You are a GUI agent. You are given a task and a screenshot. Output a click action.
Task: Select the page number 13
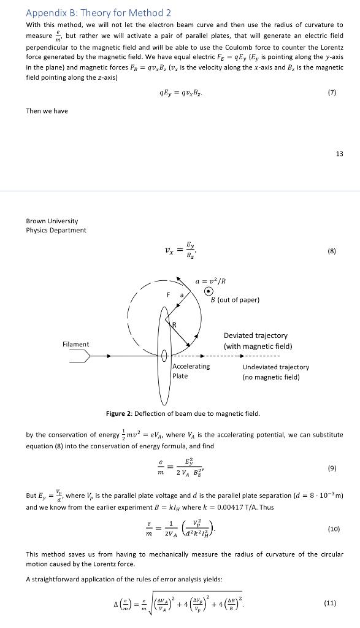(339, 153)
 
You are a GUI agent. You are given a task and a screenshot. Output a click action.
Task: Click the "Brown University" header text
(52, 221)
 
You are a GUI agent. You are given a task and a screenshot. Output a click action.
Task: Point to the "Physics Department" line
(56, 230)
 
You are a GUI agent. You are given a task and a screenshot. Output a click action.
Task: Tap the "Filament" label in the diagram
(75, 344)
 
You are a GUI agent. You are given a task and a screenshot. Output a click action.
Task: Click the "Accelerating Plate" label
(191, 371)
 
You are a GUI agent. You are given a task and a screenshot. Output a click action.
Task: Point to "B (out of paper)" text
(235, 299)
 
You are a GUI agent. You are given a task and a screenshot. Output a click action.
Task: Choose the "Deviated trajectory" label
(255, 335)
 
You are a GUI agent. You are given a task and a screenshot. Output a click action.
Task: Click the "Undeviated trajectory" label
(276, 367)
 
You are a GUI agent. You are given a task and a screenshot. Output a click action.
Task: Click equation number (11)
(329, 603)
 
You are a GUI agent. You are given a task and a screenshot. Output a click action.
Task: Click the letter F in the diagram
(168, 295)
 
